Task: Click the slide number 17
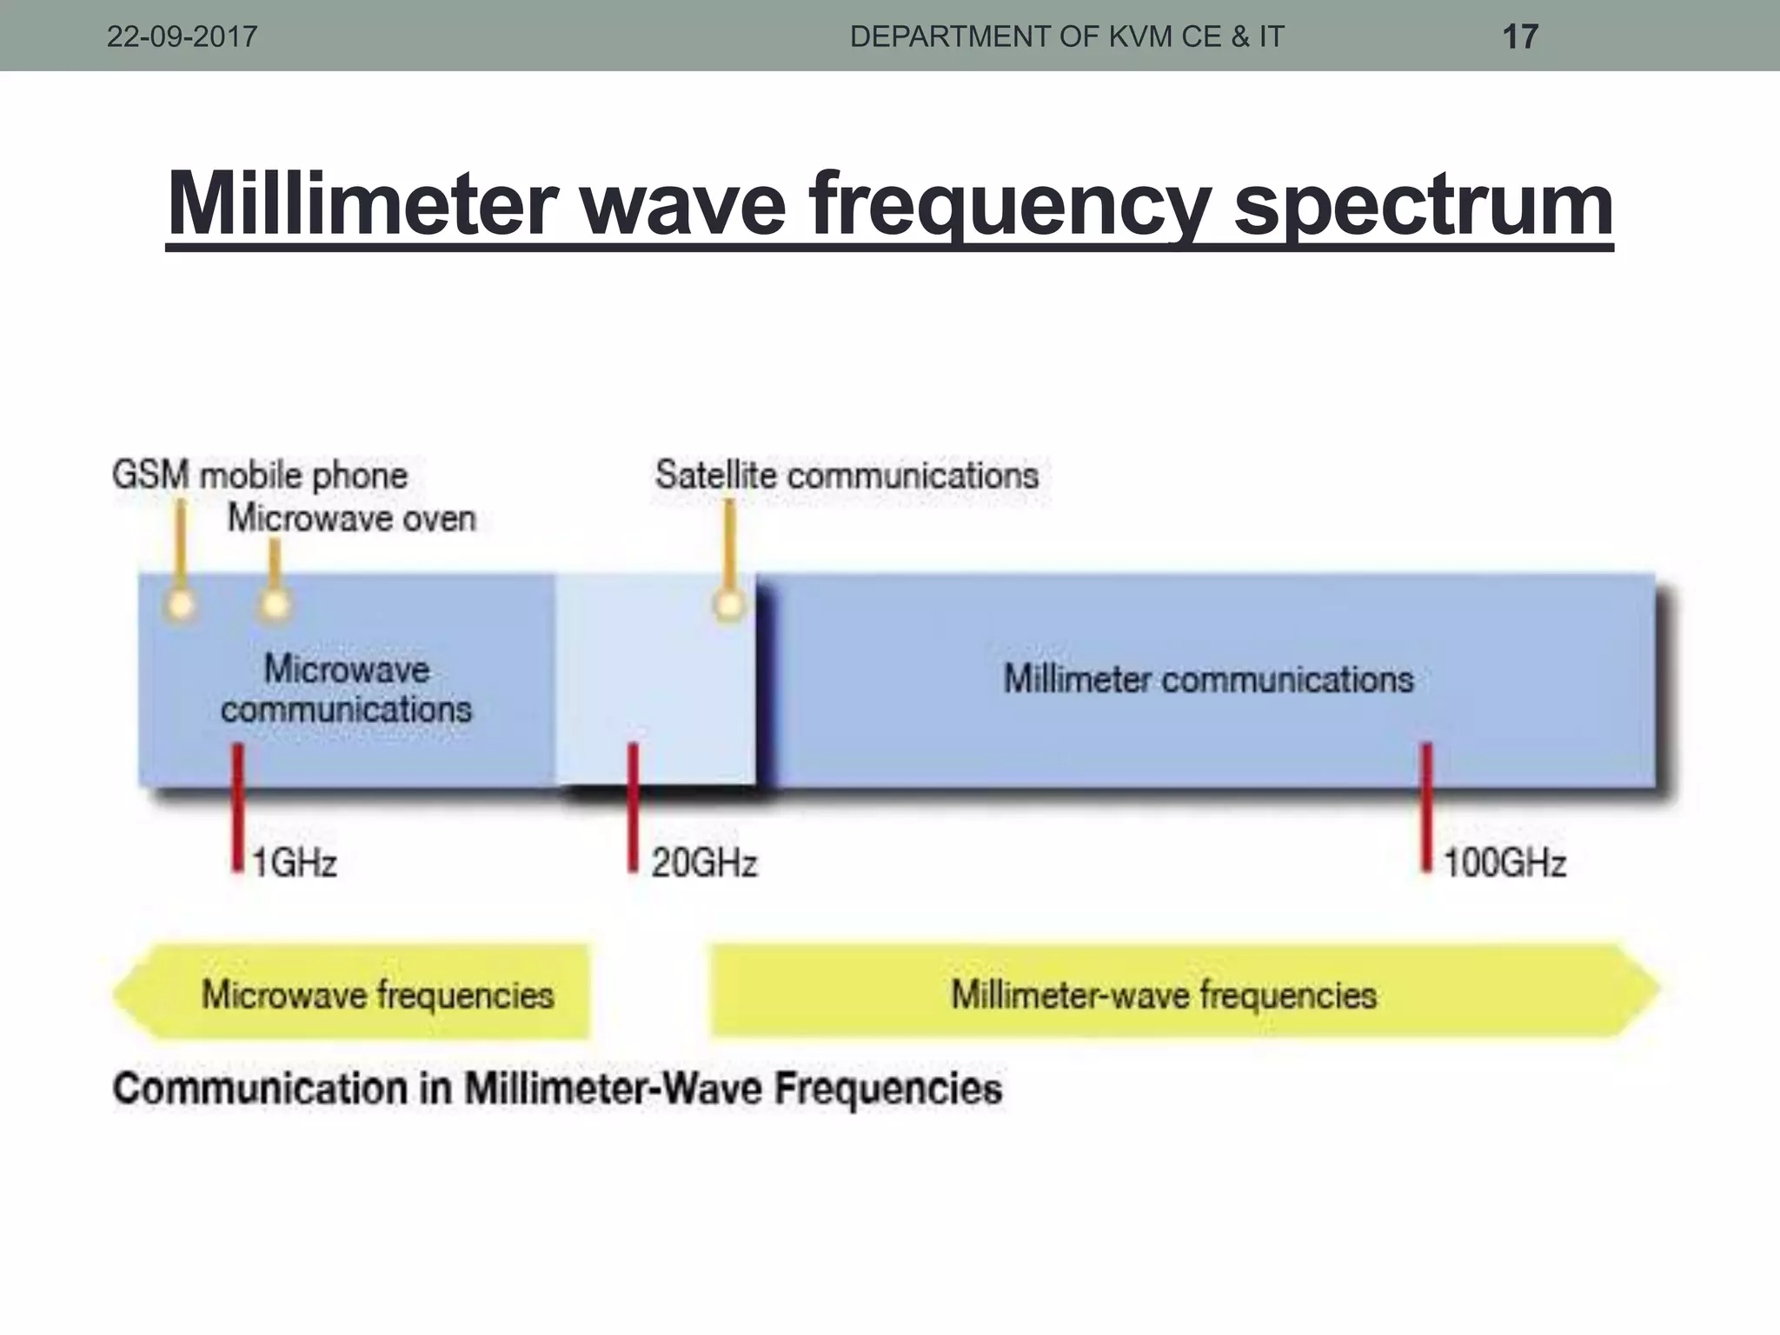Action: click(x=1520, y=37)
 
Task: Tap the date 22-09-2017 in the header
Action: click(x=182, y=37)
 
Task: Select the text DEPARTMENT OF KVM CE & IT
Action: click(x=1066, y=37)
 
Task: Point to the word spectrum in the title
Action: click(x=1423, y=205)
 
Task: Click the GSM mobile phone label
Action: click(x=260, y=476)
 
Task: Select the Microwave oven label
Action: click(x=352, y=519)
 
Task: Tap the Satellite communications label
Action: click(x=847, y=475)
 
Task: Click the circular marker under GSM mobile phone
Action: click(x=181, y=604)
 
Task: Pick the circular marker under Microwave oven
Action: click(x=275, y=604)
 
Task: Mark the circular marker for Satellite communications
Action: click(x=729, y=604)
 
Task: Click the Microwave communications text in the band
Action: click(x=346, y=689)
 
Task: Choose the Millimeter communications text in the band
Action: click(x=1208, y=679)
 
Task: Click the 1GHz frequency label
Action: click(x=294, y=864)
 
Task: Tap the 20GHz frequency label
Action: click(x=704, y=864)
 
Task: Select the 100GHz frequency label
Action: click(x=1504, y=864)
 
